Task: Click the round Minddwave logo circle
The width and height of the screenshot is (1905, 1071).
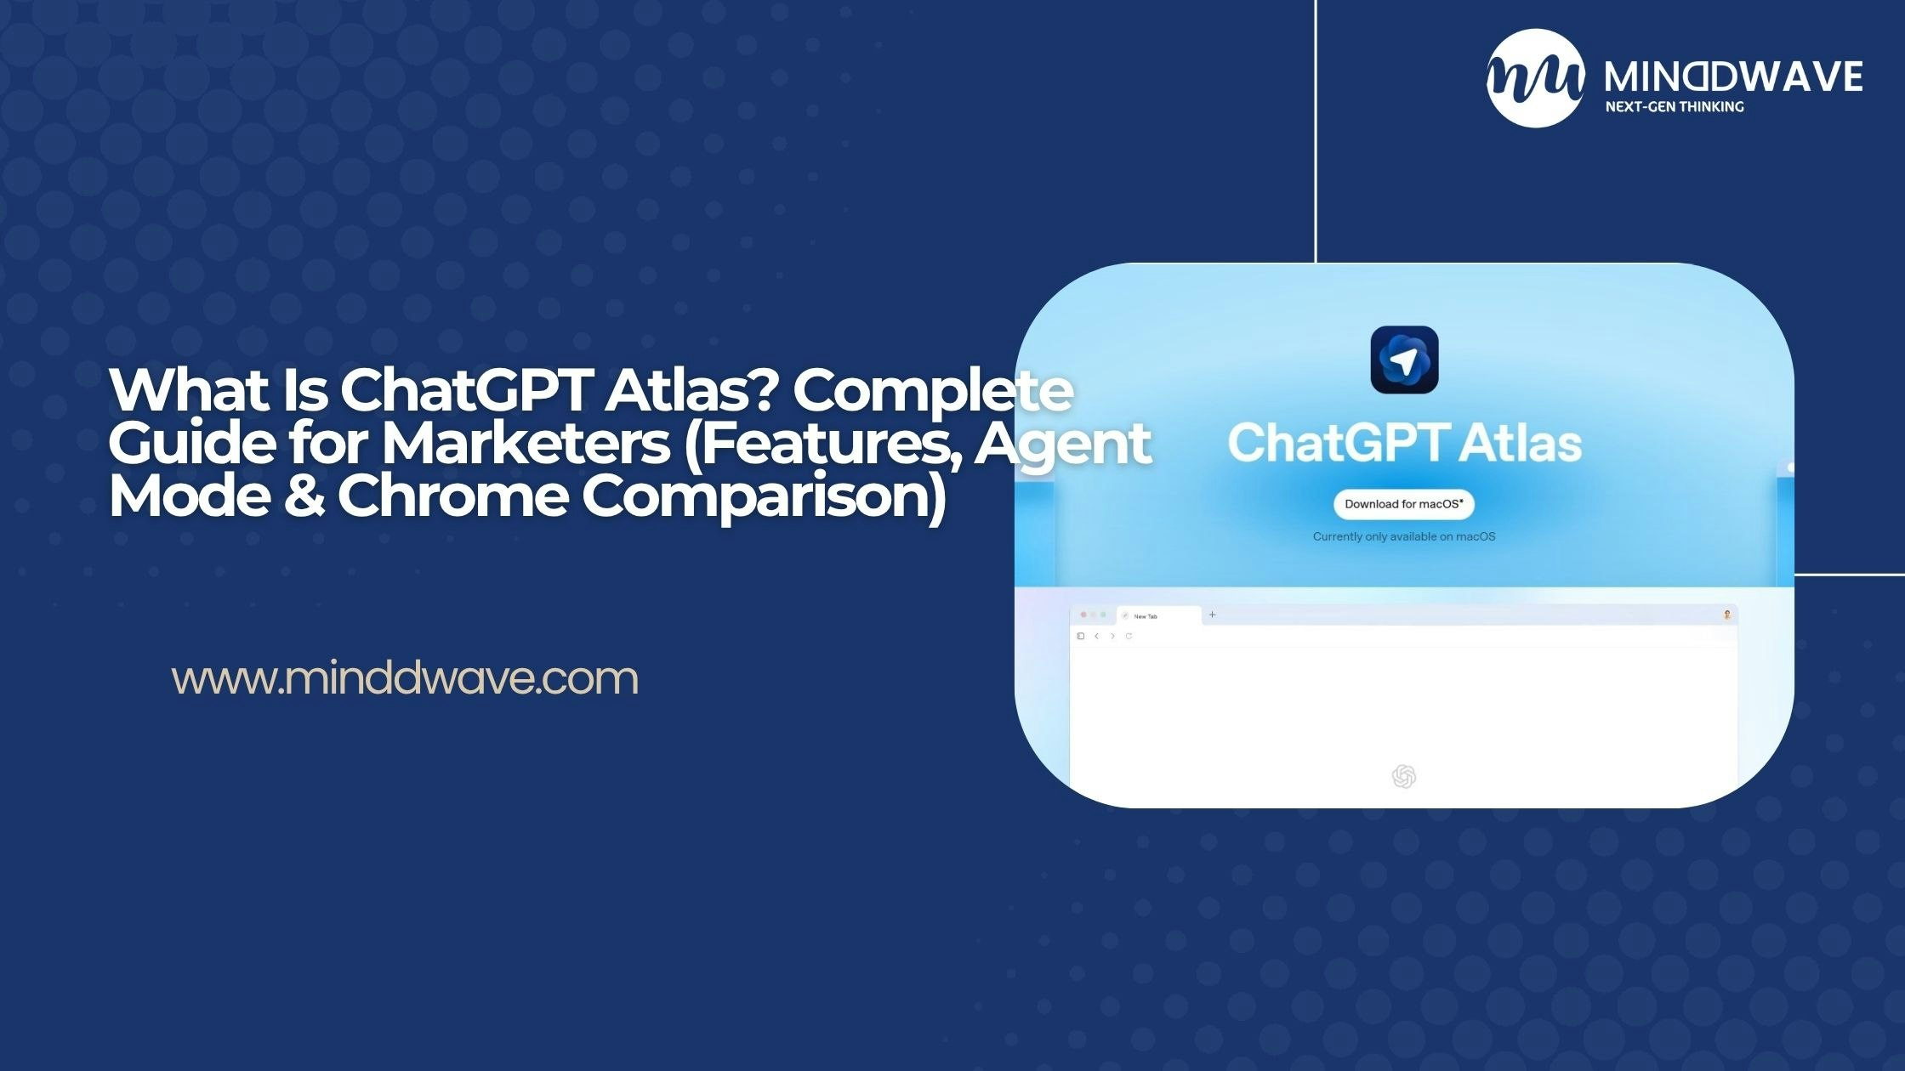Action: [x=1536, y=78]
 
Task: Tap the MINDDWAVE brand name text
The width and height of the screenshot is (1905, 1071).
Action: [x=1732, y=77]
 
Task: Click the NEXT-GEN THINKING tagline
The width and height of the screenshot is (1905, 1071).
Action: [x=1674, y=107]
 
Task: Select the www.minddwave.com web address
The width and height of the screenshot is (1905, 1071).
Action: [x=405, y=678]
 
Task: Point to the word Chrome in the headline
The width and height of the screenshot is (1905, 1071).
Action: [x=452, y=496]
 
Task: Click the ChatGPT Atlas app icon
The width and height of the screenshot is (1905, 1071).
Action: [x=1404, y=360]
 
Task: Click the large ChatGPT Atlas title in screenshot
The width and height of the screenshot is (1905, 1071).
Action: [x=1404, y=443]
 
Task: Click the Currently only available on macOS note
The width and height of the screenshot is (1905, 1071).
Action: [x=1403, y=536]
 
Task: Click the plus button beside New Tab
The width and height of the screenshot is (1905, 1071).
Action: [x=1212, y=615]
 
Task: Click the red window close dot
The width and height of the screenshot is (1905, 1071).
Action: [x=1083, y=615]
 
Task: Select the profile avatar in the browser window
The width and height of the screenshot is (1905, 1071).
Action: [x=1726, y=615]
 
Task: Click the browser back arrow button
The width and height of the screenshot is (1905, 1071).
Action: [x=1097, y=636]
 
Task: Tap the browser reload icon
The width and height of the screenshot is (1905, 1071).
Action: [x=1129, y=636]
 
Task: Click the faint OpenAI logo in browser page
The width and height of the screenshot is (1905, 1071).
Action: [x=1403, y=776]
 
